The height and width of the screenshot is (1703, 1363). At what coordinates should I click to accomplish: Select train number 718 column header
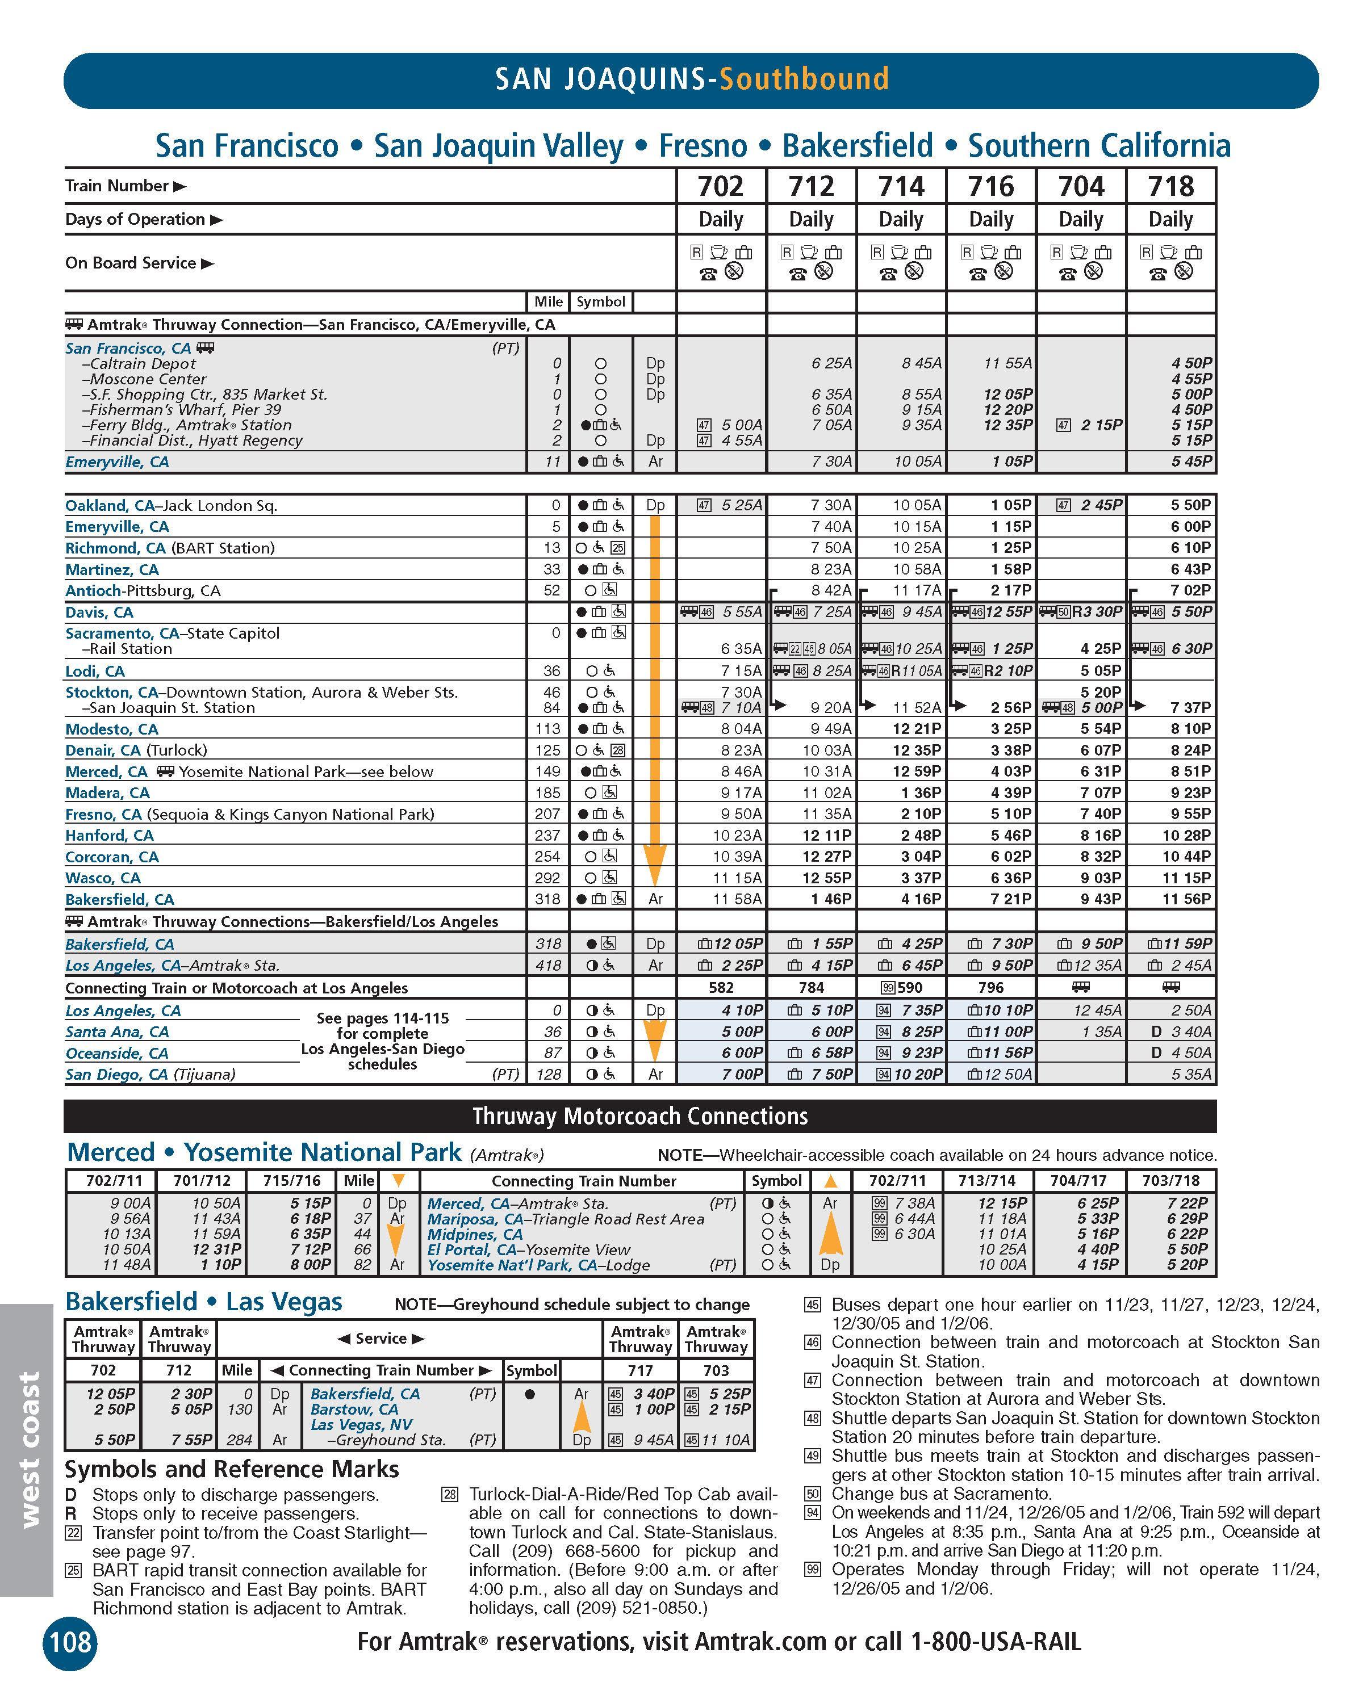pos(1170,186)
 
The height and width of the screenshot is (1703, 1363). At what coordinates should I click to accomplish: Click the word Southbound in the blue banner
pos(804,79)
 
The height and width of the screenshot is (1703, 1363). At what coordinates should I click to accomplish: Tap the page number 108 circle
pos(70,1643)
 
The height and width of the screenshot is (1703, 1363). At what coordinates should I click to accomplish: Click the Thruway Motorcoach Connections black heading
pos(640,1116)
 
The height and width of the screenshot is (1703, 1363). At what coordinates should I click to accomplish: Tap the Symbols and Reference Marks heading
pos(232,1469)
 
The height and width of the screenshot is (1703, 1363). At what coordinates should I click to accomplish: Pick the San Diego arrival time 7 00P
pos(741,1074)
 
